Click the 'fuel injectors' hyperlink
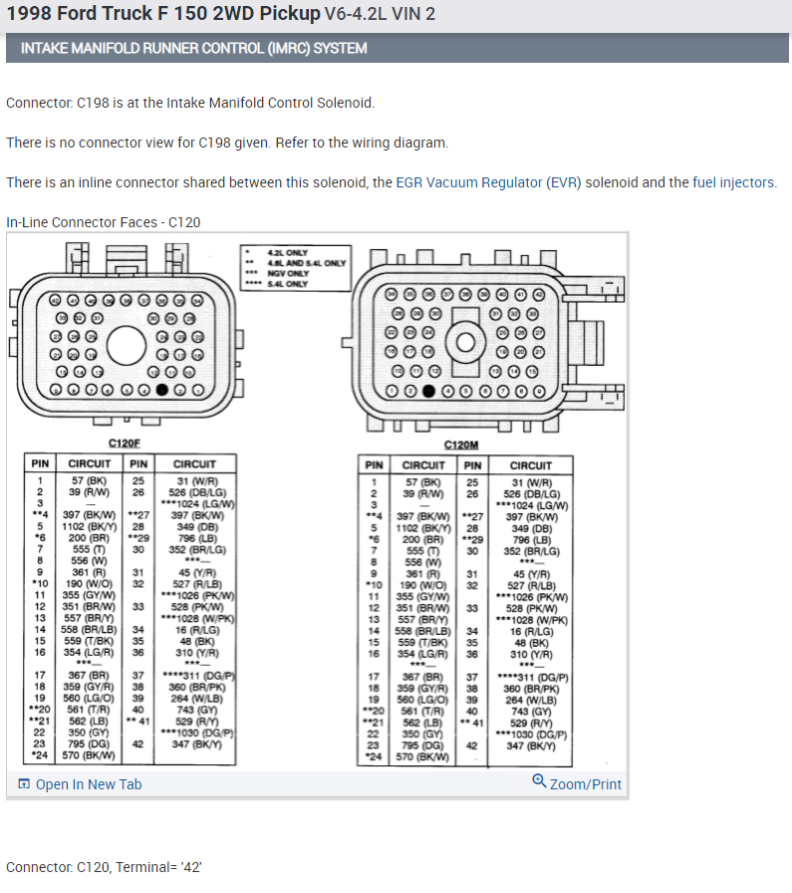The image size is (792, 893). pyautogui.click(x=733, y=182)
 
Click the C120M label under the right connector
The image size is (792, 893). pyautogui.click(x=462, y=446)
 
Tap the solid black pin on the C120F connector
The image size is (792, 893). pyautogui.click(x=162, y=390)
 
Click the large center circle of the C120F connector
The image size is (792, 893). pyautogui.click(x=128, y=346)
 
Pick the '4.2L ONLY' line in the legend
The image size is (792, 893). pyautogui.click(x=290, y=252)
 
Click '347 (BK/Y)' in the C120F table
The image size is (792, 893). pyautogui.click(x=195, y=744)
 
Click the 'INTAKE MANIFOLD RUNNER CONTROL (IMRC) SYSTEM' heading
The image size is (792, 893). pyautogui.click(x=193, y=48)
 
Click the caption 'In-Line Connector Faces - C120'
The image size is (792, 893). pyautogui.click(x=103, y=221)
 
